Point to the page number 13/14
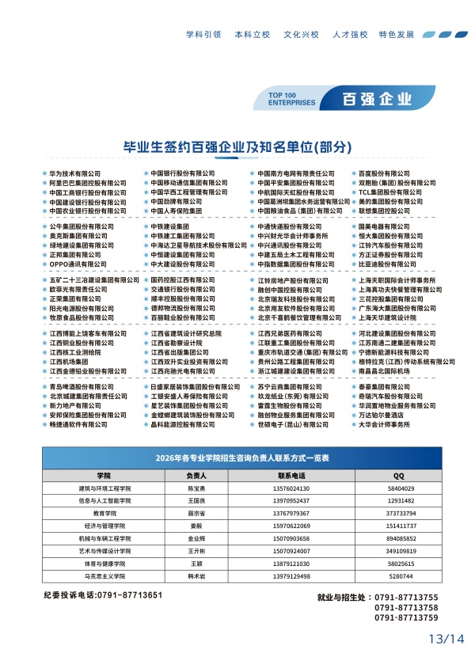445,638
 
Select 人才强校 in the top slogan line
351,35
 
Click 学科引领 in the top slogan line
203,35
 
